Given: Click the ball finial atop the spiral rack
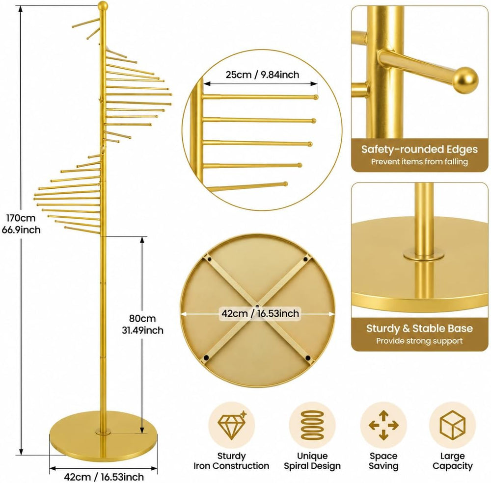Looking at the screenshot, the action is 103,5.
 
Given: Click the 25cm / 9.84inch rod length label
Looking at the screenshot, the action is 262,75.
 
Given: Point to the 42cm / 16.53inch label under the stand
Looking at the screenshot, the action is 104,477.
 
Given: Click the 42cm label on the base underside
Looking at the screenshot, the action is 260,313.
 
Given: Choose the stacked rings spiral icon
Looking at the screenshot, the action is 312,426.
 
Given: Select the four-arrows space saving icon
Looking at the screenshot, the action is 383,426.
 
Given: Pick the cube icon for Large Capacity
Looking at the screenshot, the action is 453,425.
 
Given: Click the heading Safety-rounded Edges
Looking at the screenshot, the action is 419,149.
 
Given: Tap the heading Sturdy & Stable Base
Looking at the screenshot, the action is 419,329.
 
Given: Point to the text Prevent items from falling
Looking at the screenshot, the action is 419,162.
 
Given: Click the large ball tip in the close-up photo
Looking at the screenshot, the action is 465,80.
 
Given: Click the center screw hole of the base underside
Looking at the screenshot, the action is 257,306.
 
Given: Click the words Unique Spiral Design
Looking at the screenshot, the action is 312,461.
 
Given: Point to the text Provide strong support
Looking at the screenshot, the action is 419,341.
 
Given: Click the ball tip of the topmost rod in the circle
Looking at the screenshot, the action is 316,97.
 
